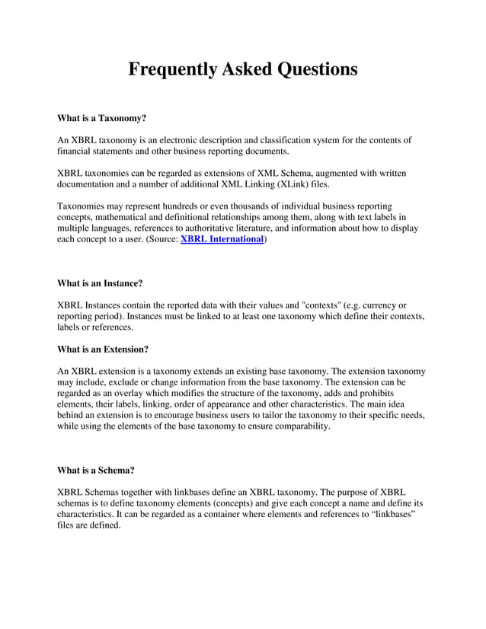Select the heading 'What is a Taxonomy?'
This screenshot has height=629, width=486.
[101, 119]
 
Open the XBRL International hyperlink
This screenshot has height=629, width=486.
[222, 239]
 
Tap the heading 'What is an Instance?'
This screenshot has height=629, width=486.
[100, 283]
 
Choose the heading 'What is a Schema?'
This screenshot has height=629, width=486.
[96, 470]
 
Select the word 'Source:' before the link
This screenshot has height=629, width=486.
[161, 239]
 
